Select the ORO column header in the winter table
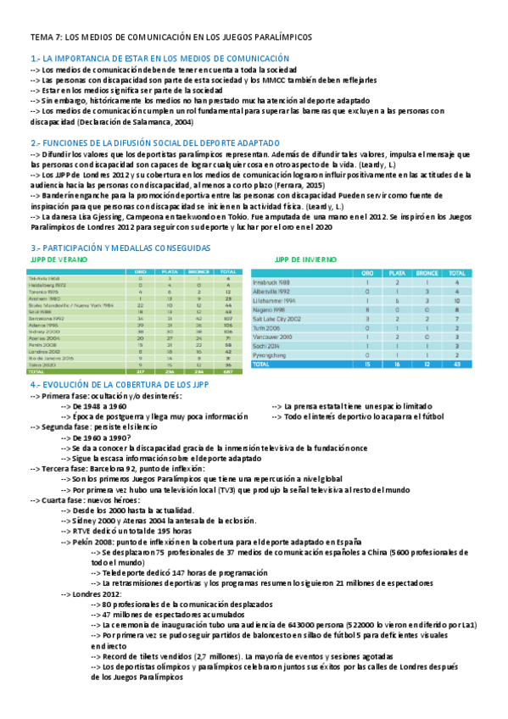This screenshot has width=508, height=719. [366, 274]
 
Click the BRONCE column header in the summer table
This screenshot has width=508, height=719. [199, 270]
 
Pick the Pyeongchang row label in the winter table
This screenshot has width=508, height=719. [273, 355]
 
